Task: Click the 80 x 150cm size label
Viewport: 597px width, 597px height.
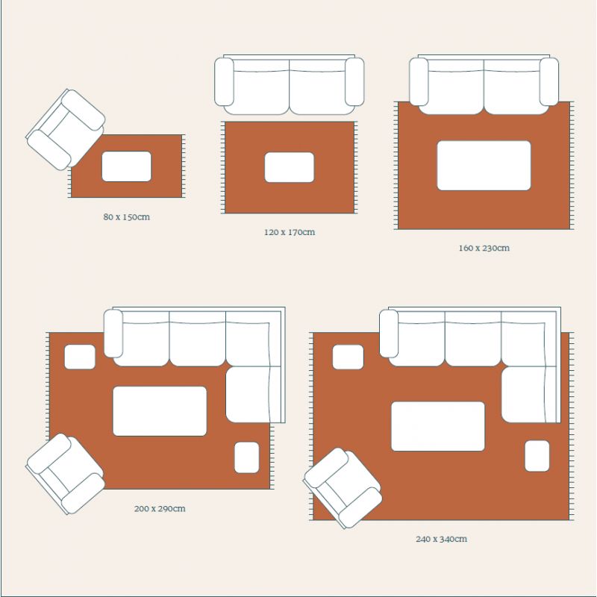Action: tap(127, 217)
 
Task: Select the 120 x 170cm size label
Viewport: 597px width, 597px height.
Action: tap(290, 232)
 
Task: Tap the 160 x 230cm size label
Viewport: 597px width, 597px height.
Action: tap(484, 248)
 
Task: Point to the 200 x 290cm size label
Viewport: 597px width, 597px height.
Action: tap(160, 509)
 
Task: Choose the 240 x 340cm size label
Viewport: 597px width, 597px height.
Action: tap(442, 539)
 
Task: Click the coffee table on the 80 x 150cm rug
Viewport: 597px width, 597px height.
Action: tap(126, 166)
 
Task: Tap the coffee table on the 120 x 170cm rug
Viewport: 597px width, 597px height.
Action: tap(290, 167)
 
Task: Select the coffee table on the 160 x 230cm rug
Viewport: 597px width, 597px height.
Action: tap(484, 165)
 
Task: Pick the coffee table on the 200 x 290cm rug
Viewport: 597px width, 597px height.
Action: tap(160, 411)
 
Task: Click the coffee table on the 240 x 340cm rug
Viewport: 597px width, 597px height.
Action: tap(438, 426)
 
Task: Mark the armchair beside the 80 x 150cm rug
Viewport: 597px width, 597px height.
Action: tap(66, 128)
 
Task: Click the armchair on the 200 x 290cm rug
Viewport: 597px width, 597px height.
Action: tap(66, 473)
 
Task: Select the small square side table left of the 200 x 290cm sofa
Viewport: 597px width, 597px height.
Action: tap(80, 357)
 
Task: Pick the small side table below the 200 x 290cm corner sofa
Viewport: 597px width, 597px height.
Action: tap(247, 457)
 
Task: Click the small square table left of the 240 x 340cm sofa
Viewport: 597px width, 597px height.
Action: tap(348, 357)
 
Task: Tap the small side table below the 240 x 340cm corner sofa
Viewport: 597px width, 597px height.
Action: tap(537, 456)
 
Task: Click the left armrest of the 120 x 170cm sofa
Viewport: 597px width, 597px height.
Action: tap(225, 81)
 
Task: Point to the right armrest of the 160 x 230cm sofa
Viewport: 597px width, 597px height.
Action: tap(548, 81)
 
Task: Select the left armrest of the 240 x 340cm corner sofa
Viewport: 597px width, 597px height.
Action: tap(389, 334)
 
